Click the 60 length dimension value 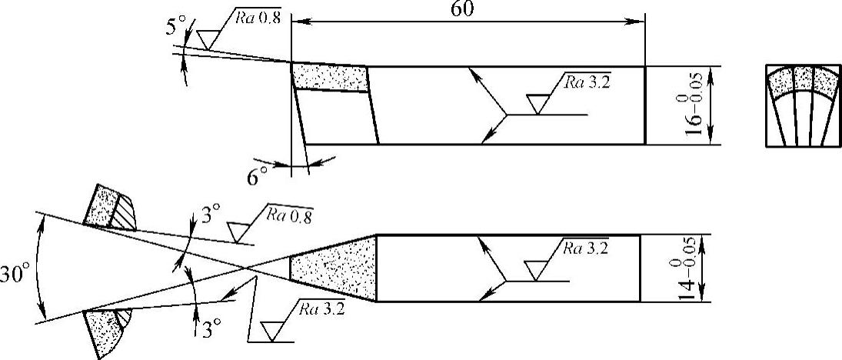coord(464,9)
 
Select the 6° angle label coord(257,177)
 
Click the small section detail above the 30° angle coord(111,208)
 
